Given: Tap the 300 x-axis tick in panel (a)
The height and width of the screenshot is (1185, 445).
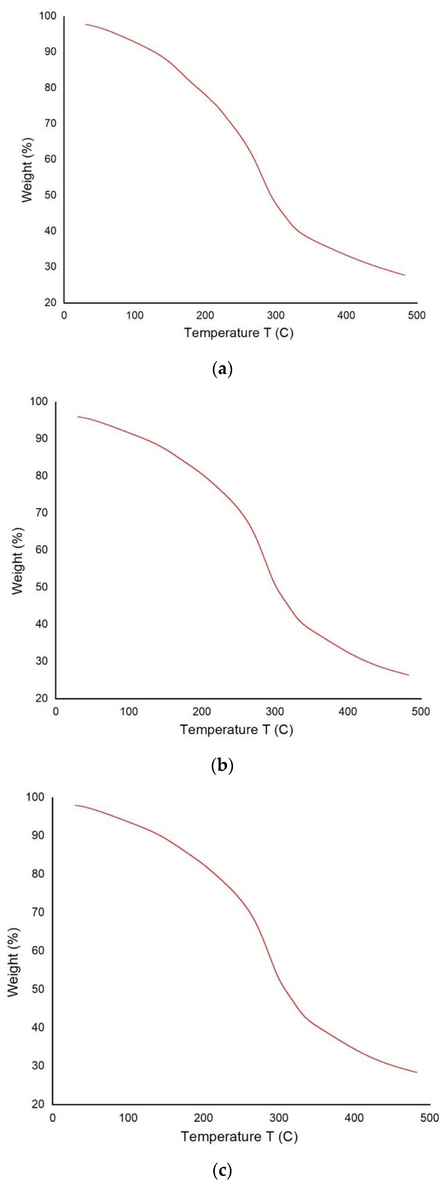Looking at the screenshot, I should point(276,316).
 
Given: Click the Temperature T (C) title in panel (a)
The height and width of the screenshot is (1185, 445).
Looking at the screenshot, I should point(239,333).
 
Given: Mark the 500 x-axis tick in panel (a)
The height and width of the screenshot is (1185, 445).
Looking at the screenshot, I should point(416,316).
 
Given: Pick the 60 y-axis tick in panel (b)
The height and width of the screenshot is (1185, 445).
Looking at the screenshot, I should point(41,550).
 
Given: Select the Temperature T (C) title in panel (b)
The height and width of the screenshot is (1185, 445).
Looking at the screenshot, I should point(236,730).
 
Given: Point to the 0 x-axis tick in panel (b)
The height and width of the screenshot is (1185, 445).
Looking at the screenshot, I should point(56,712).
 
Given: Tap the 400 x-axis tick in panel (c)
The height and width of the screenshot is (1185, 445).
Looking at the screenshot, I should point(354,1118).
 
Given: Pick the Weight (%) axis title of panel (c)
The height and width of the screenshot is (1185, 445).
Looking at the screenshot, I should point(14,961).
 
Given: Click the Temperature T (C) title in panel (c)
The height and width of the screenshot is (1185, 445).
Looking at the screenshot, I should point(239,1136).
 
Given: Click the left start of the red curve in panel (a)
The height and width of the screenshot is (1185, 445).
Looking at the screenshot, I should point(86,24).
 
